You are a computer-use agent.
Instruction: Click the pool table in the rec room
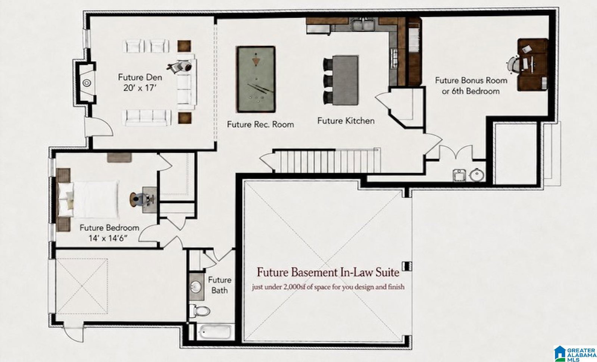coord(256,79)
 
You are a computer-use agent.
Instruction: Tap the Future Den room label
coord(140,77)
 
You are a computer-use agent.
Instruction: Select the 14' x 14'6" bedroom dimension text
coord(108,238)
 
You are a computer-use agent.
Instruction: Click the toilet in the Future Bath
coord(200,310)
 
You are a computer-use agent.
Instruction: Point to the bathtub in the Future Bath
coord(215,332)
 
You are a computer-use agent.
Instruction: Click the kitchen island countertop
coord(345,80)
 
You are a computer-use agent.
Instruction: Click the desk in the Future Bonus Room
coord(532,65)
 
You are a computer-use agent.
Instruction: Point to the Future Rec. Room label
coord(260,124)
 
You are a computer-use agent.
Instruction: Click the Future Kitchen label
coord(346,121)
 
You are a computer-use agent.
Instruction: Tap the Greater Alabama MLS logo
coord(575,353)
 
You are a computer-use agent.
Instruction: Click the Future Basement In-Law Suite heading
coord(328,272)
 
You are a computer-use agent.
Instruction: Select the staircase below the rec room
coord(327,161)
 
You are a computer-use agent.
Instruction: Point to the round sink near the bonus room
coord(477,175)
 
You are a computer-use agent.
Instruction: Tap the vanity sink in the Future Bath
coord(196,286)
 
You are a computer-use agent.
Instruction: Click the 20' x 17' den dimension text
coord(140,88)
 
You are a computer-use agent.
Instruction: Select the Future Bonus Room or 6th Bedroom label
coord(471,86)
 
